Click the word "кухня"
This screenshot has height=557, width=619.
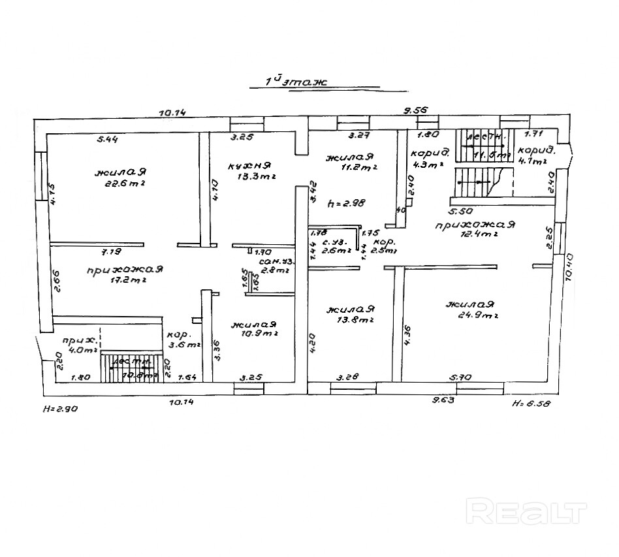coord(249,165)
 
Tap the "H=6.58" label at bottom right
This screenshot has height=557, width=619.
coord(532,404)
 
